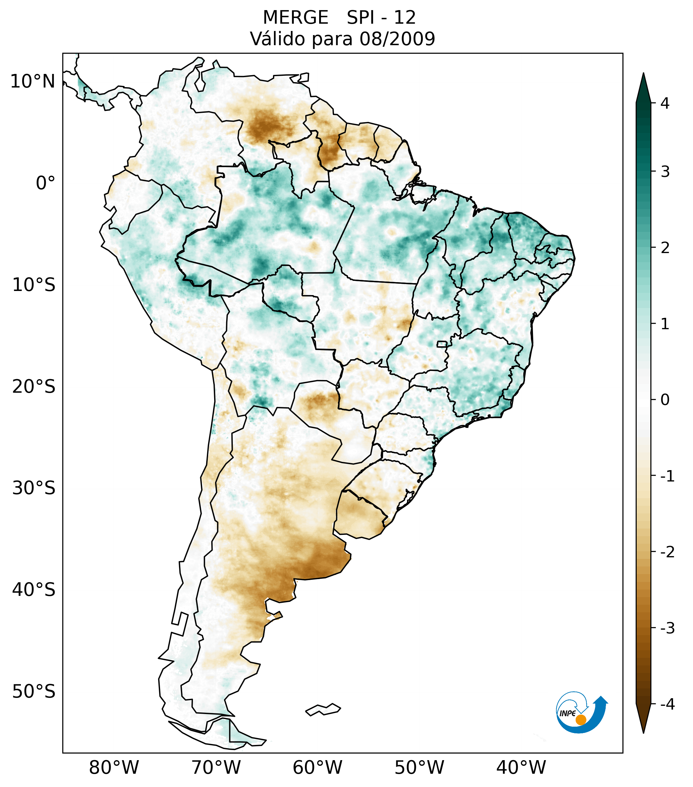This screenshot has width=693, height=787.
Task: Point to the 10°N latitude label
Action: (33, 82)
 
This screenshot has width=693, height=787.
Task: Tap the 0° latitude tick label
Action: (46, 183)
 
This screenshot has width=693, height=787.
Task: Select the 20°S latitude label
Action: (34, 387)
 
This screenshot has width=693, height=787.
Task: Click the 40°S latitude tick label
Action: (34, 590)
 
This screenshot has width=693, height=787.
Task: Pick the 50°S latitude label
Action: (34, 692)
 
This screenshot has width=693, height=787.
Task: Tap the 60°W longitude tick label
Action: (317, 767)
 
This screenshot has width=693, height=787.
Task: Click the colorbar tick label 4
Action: (665, 103)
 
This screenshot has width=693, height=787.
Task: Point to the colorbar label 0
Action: (665, 400)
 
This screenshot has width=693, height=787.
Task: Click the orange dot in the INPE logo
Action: (580, 720)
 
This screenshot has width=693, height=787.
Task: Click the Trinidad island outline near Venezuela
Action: (304, 77)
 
